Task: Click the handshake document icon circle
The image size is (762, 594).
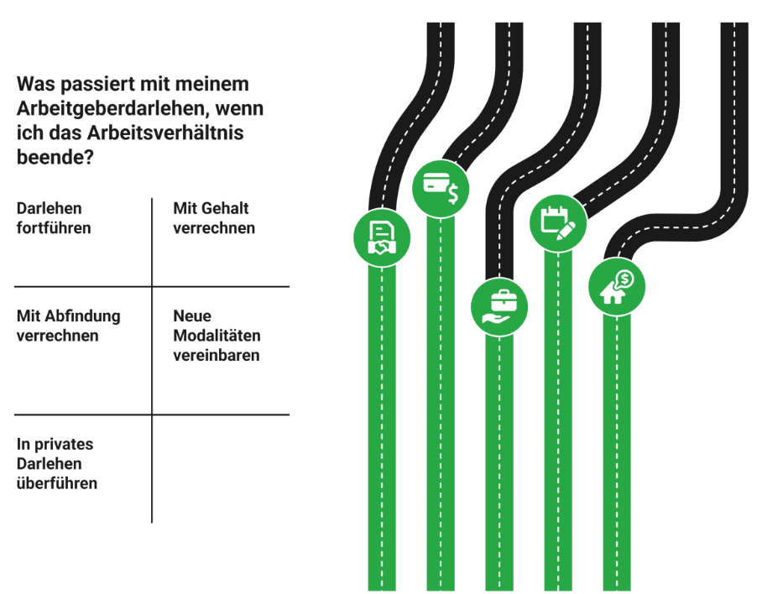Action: [382, 237]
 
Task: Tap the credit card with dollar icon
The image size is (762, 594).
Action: [441, 188]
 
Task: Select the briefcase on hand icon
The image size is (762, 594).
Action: [499, 306]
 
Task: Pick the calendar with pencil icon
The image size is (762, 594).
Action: [558, 220]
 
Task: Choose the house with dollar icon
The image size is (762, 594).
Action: [617, 286]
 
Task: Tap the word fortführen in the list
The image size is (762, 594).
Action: [54, 227]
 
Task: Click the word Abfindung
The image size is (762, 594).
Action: [82, 316]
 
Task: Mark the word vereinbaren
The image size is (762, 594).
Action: [217, 355]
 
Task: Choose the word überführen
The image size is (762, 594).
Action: [57, 483]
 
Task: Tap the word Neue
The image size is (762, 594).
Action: [192, 316]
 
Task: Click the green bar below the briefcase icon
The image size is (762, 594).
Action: [499, 461]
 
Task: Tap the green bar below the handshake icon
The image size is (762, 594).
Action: [382, 419]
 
